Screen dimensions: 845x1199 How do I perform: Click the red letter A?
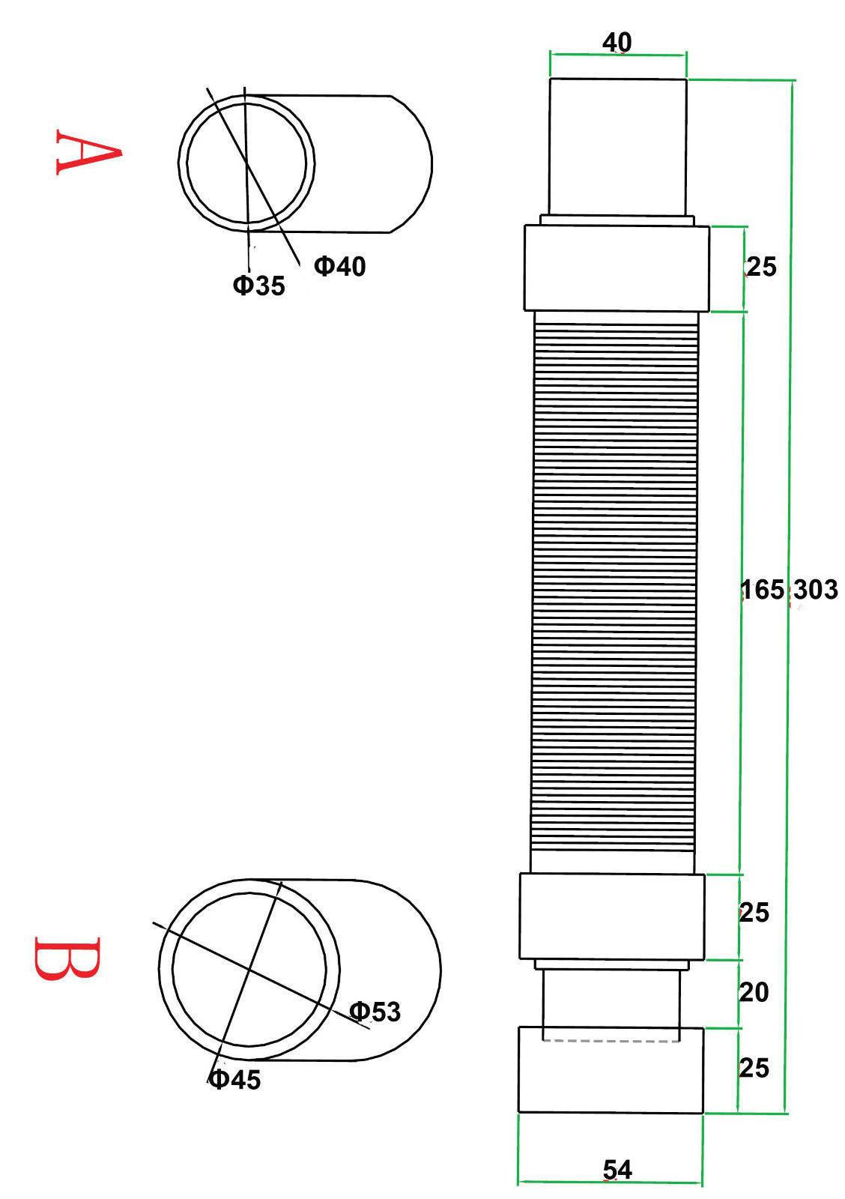pyautogui.click(x=88, y=152)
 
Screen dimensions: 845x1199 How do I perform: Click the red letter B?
pyautogui.click(x=67, y=958)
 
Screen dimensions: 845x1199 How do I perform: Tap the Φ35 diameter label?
pyautogui.click(x=259, y=286)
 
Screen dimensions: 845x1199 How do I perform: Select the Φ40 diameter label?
pyautogui.click(x=340, y=266)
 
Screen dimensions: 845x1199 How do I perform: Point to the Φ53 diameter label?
pyautogui.click(x=375, y=1012)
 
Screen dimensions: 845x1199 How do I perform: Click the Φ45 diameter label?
pyautogui.click(x=234, y=1080)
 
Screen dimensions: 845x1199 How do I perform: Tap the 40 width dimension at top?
pyautogui.click(x=617, y=42)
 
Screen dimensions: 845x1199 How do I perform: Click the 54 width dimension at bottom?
pyautogui.click(x=617, y=1170)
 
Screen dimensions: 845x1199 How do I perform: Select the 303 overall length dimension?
pyautogui.click(x=816, y=590)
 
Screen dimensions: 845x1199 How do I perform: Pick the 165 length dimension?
pyautogui.click(x=763, y=590)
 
